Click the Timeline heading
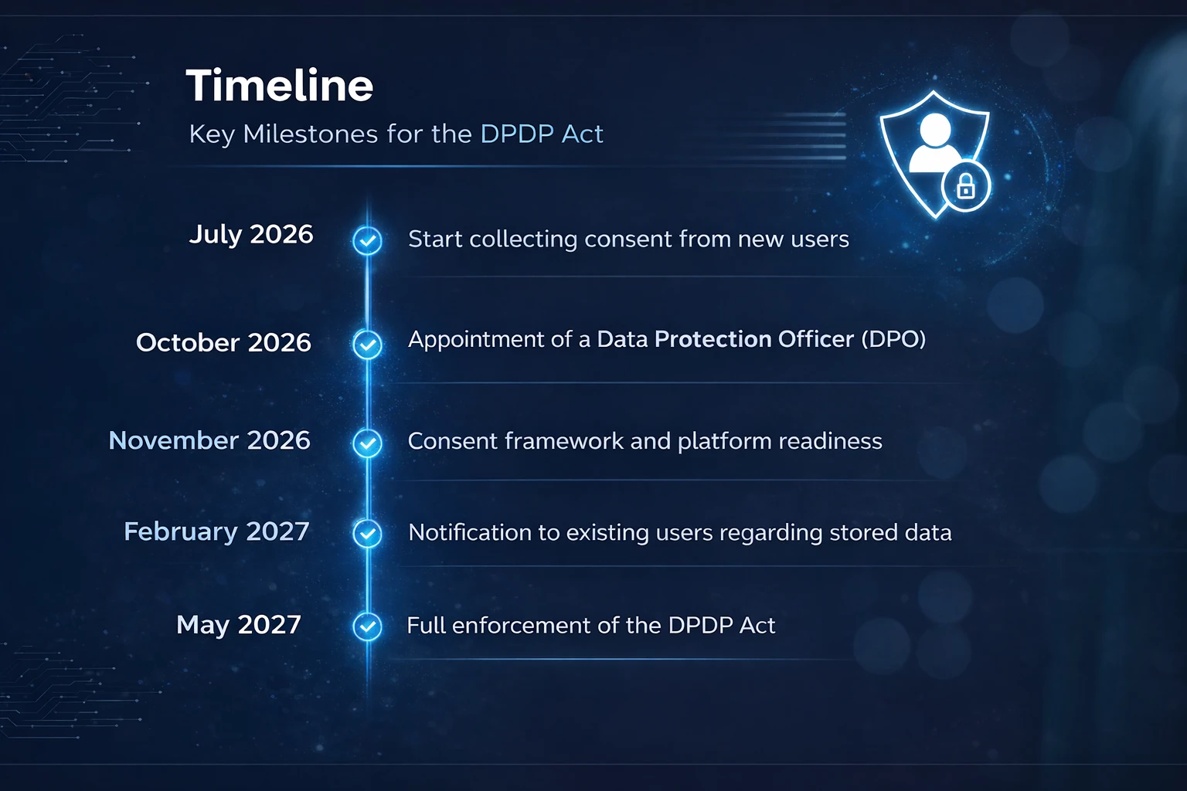pyautogui.click(x=279, y=85)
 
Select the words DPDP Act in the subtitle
pyautogui.click(x=542, y=134)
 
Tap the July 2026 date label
pyautogui.click(x=251, y=234)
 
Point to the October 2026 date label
pyautogui.click(x=223, y=342)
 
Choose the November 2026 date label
pyautogui.click(x=209, y=440)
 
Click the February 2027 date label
pyautogui.click(x=216, y=531)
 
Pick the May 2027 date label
pyautogui.click(x=239, y=625)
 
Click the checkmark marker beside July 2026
pyautogui.click(x=367, y=240)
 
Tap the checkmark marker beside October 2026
pyautogui.click(x=367, y=345)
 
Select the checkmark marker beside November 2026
pyautogui.click(x=367, y=443)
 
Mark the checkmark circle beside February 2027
pyautogui.click(x=367, y=533)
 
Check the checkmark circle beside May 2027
pyautogui.click(x=367, y=626)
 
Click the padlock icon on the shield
pyautogui.click(x=965, y=186)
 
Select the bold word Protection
pyautogui.click(x=713, y=339)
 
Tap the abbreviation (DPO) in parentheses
pyautogui.click(x=893, y=339)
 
